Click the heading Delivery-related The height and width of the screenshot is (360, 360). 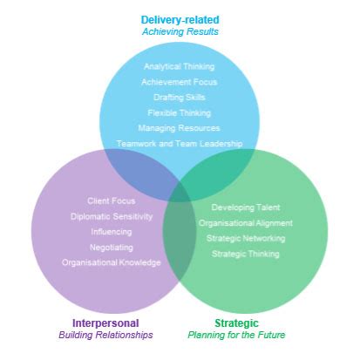coord(180,19)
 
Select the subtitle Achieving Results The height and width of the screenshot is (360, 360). coord(180,32)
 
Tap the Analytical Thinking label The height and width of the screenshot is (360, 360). coord(180,66)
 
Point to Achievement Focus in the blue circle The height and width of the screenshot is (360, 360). coord(180,82)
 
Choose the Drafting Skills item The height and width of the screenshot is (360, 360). coord(180,98)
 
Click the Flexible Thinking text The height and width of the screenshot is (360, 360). coord(180,112)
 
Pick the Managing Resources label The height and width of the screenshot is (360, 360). coord(180,128)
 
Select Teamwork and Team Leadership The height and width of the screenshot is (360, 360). coord(180,144)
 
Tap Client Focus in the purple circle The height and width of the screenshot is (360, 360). coord(112,201)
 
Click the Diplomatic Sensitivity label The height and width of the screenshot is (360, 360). coord(112,216)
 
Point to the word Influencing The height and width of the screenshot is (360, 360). coord(112,232)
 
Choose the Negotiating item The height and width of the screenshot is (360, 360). coord(112,248)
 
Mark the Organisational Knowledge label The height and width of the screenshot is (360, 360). coord(112,262)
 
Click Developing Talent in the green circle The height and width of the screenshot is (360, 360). coord(246,207)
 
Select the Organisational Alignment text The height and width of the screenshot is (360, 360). coord(246,223)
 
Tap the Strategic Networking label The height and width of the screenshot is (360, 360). coord(246,238)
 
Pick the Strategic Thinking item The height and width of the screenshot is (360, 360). coord(246,254)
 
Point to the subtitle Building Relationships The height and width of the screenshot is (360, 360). coord(105,335)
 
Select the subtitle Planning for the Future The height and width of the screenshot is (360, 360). coord(236,335)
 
